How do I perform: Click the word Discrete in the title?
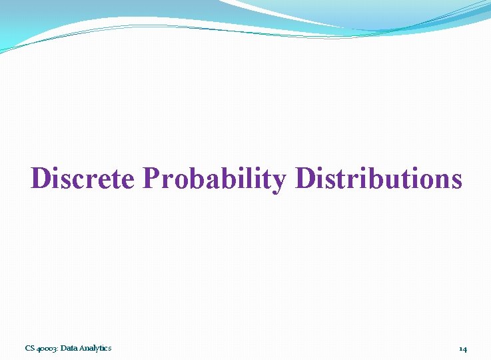coord(83,179)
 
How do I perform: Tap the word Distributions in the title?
coord(378,179)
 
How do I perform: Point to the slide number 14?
coord(462,349)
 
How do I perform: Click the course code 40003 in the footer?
coord(47,348)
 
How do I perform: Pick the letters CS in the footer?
coord(29,348)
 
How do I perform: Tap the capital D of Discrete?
coord(41,179)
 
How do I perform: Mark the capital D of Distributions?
coord(306,179)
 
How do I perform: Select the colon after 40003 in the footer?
coord(57,349)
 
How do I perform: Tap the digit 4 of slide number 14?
coord(464,349)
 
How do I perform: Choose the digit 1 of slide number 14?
coord(460,349)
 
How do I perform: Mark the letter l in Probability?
coord(246,179)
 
